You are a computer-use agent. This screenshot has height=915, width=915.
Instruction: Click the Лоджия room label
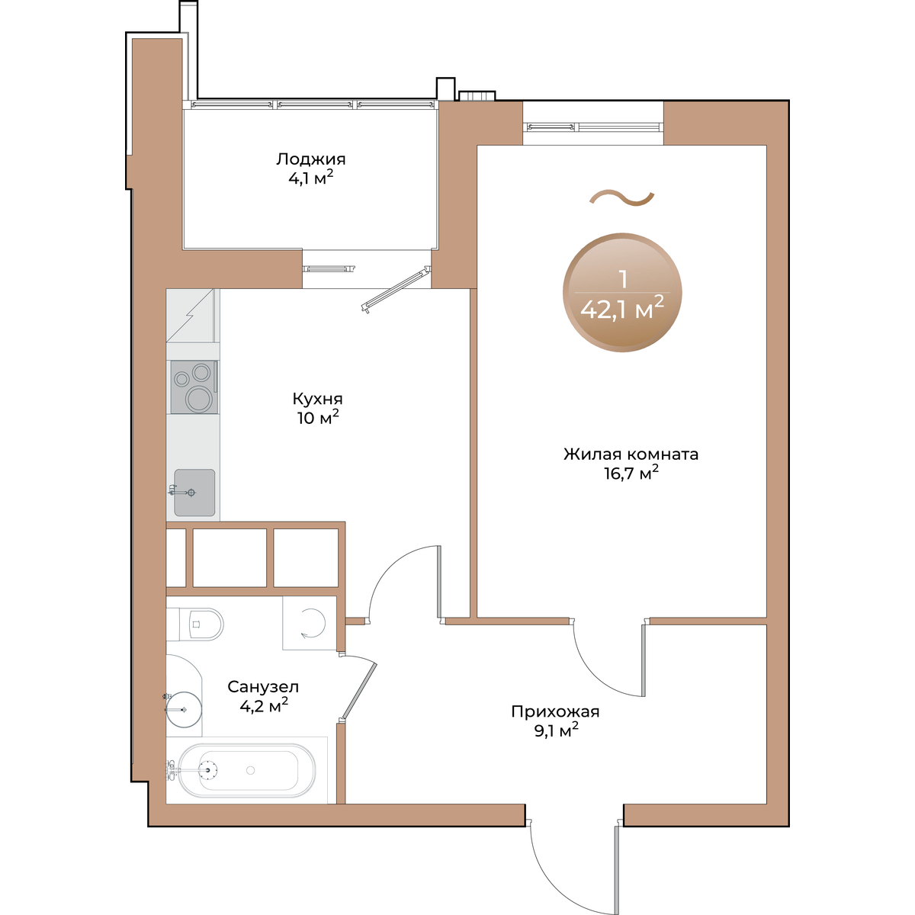click(310, 159)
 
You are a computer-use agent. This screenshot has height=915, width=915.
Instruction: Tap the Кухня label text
click(317, 398)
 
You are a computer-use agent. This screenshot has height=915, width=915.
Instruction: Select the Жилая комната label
click(631, 454)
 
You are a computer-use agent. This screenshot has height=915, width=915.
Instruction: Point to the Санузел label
click(263, 687)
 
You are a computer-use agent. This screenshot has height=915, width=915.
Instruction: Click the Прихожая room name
click(555, 711)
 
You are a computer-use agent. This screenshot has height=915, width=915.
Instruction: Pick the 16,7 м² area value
click(631, 473)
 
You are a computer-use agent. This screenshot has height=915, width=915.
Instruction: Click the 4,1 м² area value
click(310, 178)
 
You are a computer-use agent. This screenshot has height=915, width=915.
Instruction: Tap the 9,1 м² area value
click(556, 730)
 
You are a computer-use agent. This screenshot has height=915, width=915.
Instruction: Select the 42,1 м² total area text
click(622, 309)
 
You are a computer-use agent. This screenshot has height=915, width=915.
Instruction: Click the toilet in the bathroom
click(202, 624)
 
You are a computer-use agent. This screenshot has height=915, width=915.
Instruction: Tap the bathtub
click(247, 770)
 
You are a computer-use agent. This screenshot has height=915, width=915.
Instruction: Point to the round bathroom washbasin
click(184, 709)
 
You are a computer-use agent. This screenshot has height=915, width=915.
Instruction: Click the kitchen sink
click(194, 493)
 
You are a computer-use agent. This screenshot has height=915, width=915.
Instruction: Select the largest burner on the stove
click(198, 400)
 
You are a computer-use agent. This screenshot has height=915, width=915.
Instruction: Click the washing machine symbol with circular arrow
click(310, 622)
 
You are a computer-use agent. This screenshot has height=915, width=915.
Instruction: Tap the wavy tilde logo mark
click(621, 198)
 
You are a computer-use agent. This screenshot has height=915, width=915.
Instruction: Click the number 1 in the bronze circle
click(623, 279)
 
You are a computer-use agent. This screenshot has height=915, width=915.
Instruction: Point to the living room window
click(593, 127)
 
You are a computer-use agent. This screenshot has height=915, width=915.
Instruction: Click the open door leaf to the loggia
click(396, 291)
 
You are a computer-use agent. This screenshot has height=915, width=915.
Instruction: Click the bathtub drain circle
click(251, 770)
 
